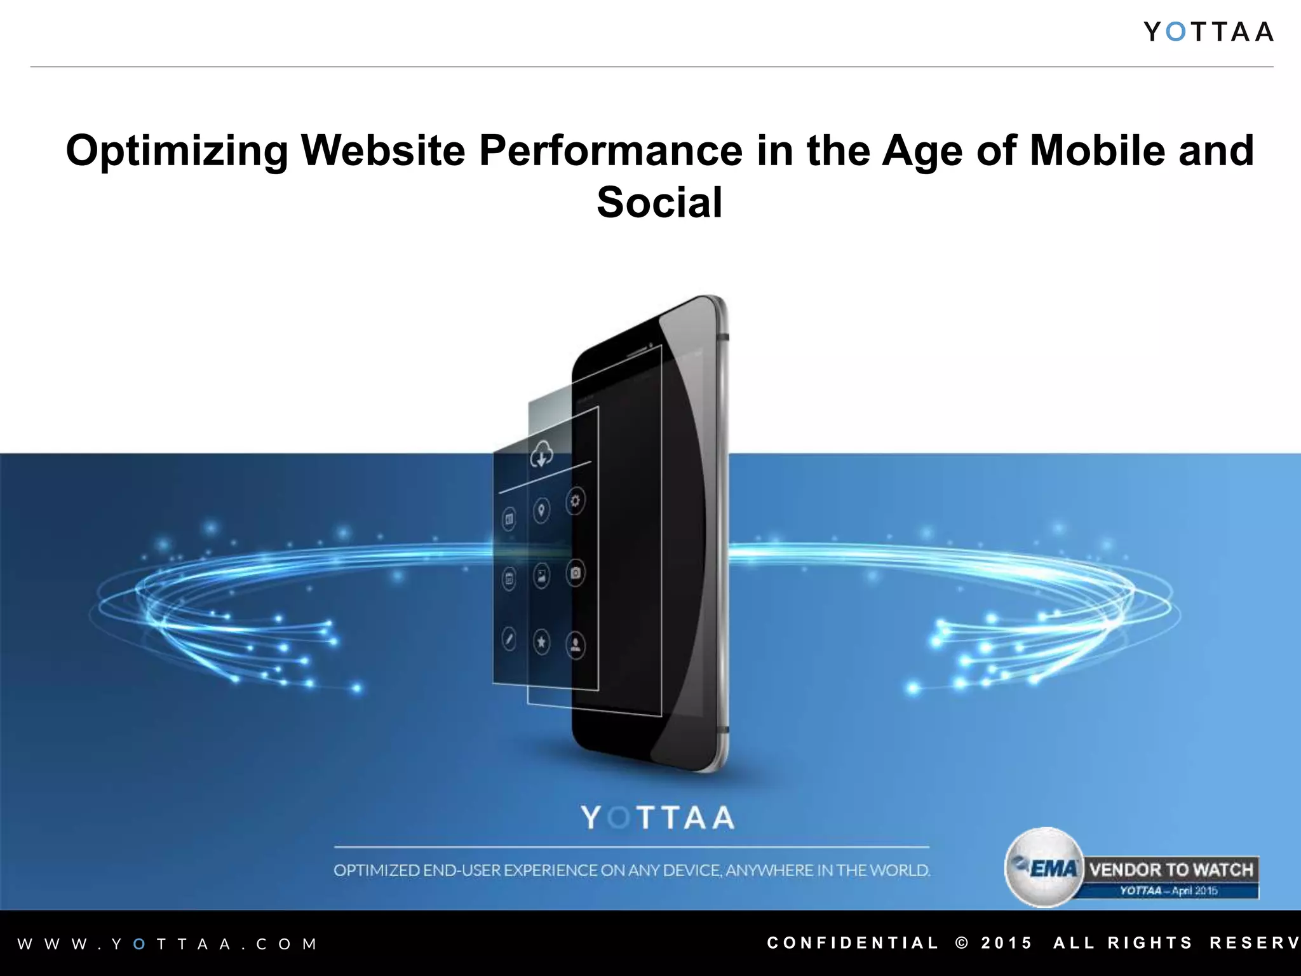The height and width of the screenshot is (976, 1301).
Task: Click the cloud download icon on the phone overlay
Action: pyautogui.click(x=541, y=454)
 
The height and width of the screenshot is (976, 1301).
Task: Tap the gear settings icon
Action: pyautogui.click(x=575, y=501)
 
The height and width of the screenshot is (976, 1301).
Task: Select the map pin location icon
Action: pyautogui.click(x=541, y=510)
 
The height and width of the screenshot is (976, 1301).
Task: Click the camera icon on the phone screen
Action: pyautogui.click(x=575, y=573)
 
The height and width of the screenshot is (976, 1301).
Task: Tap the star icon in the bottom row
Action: pyautogui.click(x=541, y=642)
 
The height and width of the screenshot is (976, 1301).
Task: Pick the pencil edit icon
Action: pyautogui.click(x=509, y=639)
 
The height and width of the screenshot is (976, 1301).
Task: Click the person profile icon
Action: pyautogui.click(x=575, y=646)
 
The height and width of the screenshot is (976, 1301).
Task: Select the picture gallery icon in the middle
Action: pyautogui.click(x=541, y=576)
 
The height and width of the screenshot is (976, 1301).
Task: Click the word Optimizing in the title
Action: pyautogui.click(x=177, y=151)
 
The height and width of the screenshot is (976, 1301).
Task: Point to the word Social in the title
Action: pyautogui.click(x=659, y=203)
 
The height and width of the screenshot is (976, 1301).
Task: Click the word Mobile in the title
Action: pyautogui.click(x=1097, y=151)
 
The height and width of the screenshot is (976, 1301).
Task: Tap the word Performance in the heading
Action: pyautogui.click(x=610, y=151)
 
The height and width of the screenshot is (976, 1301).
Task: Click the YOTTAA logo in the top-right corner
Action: pyautogui.click(x=1208, y=32)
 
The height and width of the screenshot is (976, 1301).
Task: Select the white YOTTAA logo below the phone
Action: pyautogui.click(x=657, y=818)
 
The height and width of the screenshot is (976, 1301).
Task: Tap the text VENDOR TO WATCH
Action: pyautogui.click(x=1171, y=869)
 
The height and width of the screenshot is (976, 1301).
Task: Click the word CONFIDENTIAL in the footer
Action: pyautogui.click(x=853, y=943)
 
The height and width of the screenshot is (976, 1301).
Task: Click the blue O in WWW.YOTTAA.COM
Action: pyautogui.click(x=140, y=944)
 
